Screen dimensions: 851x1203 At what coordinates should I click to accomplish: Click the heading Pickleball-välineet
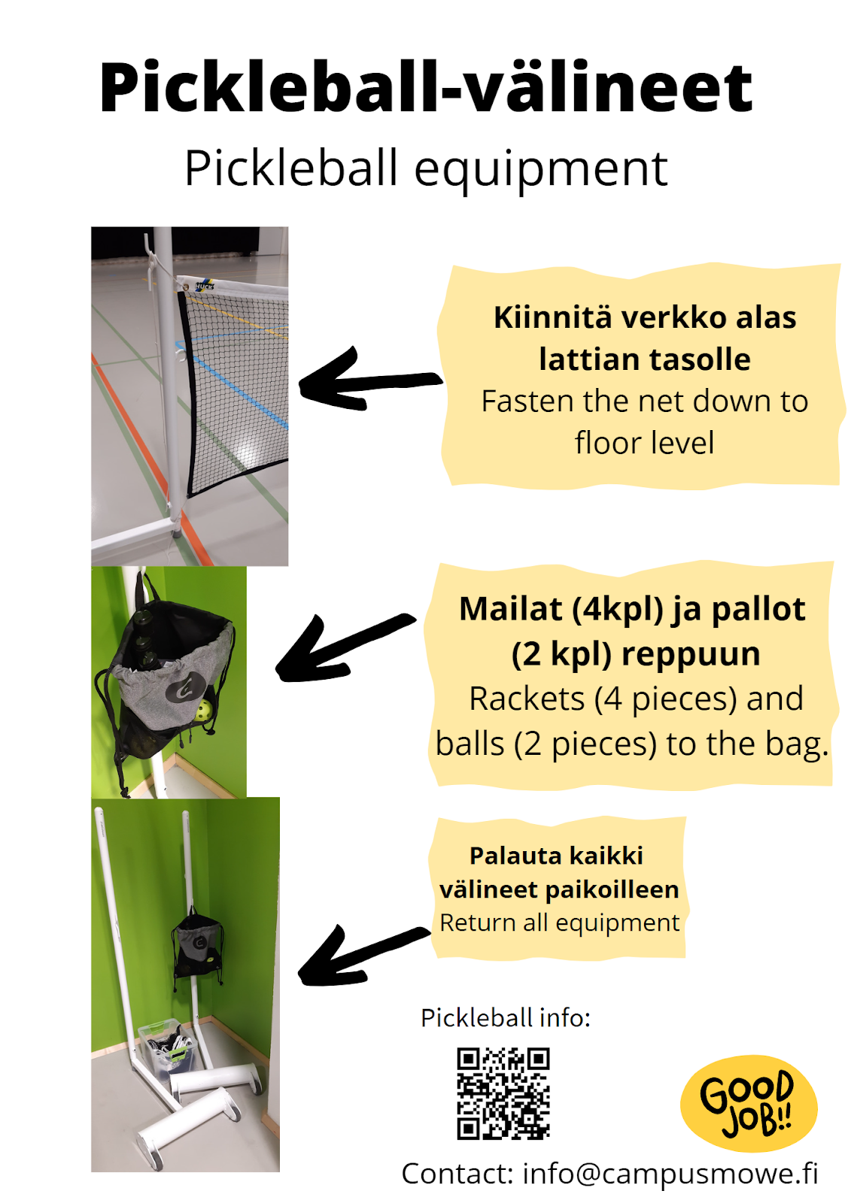(426, 88)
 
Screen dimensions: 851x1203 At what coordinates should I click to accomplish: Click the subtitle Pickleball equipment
(426, 168)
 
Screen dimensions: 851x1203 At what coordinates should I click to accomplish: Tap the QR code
(503, 1093)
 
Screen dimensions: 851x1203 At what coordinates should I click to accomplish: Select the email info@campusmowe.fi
(670, 1174)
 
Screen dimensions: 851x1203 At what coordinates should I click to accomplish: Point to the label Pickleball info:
(506, 1018)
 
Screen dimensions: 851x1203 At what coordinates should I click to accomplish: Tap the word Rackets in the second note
(527, 699)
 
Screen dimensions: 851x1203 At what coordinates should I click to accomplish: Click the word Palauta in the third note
(508, 856)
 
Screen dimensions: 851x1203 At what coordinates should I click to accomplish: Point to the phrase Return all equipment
(559, 923)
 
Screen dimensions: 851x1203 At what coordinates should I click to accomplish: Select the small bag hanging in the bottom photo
(197, 946)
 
